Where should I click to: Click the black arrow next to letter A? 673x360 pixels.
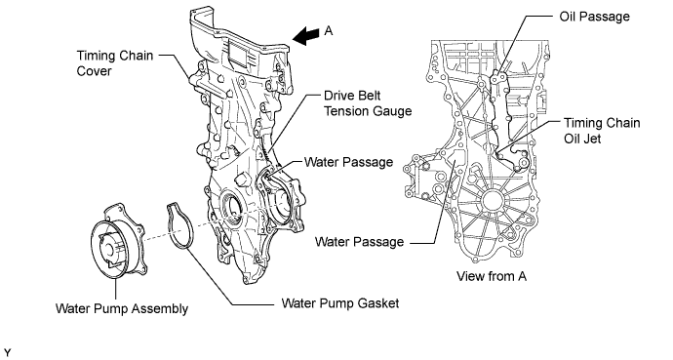point(306,36)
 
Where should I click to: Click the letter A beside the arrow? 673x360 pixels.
point(329,31)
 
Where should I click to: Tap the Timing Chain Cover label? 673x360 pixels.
point(114,63)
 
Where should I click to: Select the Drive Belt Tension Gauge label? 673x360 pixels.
point(368,103)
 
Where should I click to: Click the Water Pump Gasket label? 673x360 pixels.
point(340,303)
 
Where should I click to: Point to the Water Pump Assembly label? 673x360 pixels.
point(122,309)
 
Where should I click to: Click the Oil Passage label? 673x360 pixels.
point(594,17)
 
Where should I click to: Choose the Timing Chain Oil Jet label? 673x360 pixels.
point(602,131)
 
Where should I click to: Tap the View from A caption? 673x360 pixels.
point(492,276)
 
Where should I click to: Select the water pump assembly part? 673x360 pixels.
point(119,241)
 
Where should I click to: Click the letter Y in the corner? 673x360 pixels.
point(7,353)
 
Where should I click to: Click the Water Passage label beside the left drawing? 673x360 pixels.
point(348,162)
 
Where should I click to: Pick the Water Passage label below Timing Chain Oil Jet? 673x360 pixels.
point(359,242)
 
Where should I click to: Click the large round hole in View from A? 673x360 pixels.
point(492,200)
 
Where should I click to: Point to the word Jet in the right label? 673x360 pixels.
point(593,139)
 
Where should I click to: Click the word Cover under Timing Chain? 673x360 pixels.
point(94,71)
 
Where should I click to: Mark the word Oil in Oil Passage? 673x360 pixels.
point(568,17)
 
